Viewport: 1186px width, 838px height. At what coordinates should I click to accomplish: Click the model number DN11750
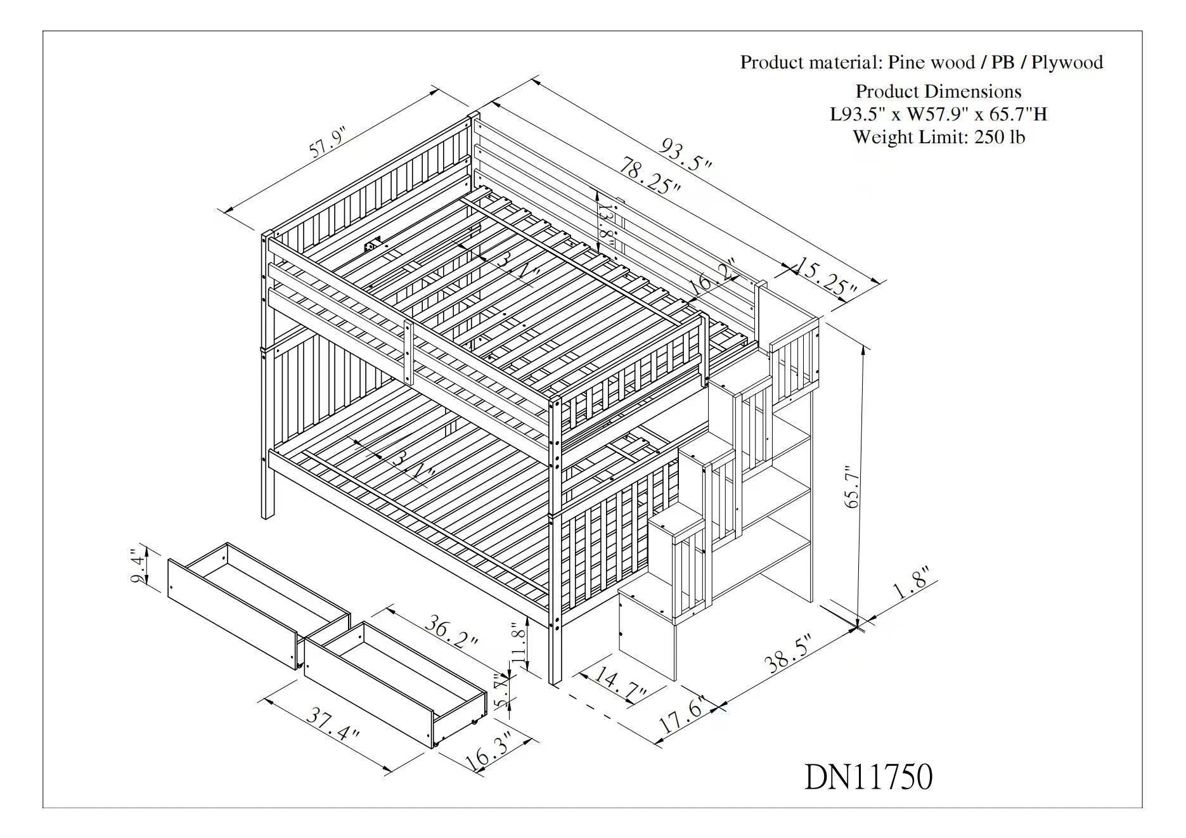click(x=868, y=777)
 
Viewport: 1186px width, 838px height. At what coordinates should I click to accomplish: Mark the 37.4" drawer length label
click(x=333, y=725)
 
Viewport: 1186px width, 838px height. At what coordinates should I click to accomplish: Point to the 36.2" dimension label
click(x=451, y=632)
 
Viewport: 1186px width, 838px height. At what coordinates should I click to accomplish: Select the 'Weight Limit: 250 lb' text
click(x=938, y=137)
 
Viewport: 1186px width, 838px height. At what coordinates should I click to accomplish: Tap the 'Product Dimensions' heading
click(x=938, y=91)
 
